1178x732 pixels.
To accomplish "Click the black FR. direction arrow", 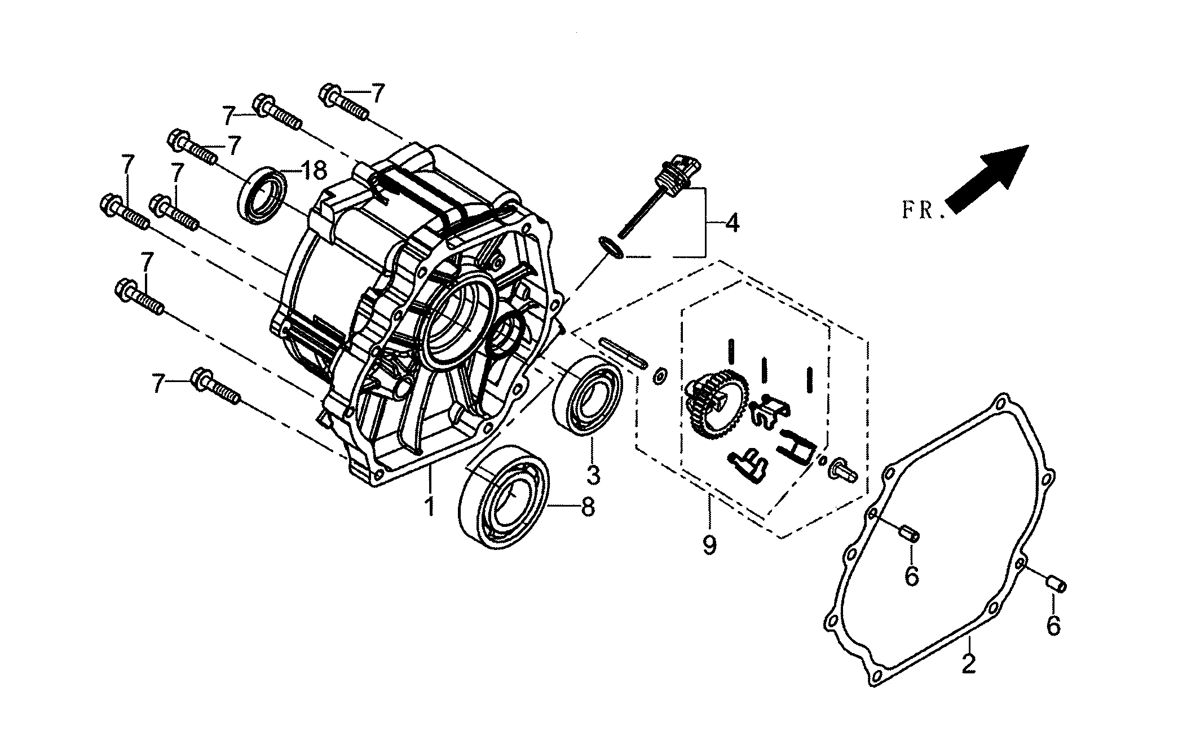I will point(988,179).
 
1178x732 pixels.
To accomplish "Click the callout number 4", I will point(731,223).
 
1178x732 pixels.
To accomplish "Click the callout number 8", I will point(587,507).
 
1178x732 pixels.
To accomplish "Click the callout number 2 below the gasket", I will point(968,664).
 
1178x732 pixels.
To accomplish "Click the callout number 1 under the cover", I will point(430,505).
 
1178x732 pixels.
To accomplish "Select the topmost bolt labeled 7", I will point(344,104).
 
